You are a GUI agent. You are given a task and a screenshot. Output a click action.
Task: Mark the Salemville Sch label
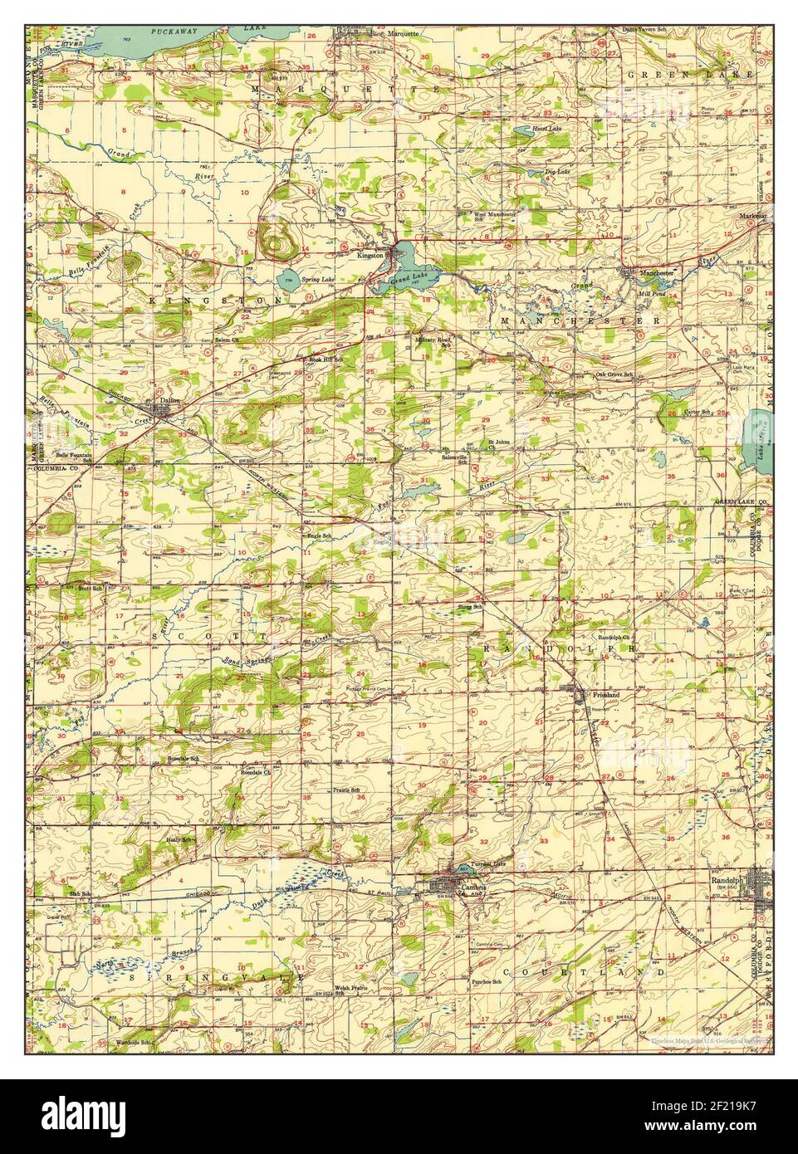point(454,458)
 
